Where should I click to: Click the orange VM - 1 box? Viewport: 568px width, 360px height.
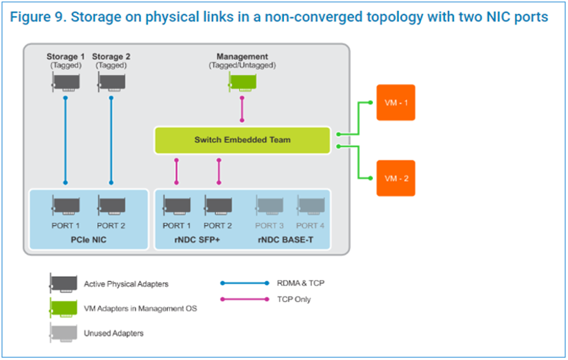pyautogui.click(x=395, y=103)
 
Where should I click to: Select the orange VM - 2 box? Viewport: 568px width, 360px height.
pyautogui.click(x=395, y=177)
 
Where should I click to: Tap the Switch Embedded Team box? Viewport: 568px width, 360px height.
pyautogui.click(x=242, y=140)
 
